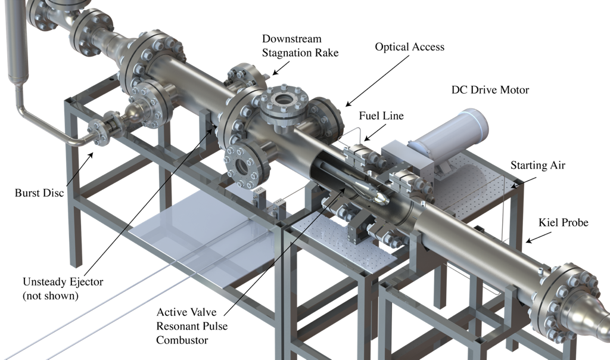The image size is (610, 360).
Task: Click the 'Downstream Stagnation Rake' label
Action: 300,45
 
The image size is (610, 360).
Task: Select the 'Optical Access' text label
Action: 409,46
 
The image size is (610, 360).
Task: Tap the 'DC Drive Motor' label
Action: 490,90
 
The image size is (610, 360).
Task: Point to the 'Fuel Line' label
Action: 381,116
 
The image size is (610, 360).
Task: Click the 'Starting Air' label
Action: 538,166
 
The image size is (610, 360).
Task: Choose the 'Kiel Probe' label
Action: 563,222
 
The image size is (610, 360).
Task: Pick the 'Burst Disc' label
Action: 39,193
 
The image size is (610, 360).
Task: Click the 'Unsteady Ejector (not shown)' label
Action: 63,288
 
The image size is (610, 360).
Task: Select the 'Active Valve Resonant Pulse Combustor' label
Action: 192,326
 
